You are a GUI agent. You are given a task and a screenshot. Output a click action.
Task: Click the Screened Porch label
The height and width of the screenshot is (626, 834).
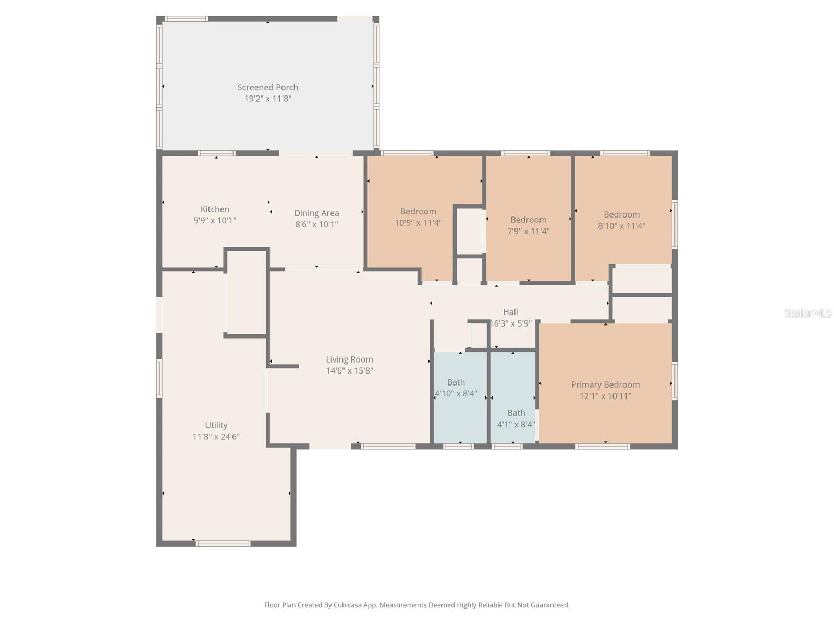click(267, 87)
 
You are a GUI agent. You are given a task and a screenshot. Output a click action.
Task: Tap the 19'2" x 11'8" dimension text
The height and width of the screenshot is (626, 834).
click(267, 99)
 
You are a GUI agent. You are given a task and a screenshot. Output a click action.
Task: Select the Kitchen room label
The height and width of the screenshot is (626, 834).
click(215, 209)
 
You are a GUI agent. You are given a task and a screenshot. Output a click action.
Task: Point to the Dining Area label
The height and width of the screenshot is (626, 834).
click(316, 213)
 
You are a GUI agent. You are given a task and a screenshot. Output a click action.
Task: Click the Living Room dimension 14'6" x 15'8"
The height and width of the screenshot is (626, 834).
click(349, 371)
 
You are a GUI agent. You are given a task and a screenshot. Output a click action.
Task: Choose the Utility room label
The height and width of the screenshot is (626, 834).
click(216, 425)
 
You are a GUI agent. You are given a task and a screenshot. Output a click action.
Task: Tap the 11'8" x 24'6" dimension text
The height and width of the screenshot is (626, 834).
click(216, 437)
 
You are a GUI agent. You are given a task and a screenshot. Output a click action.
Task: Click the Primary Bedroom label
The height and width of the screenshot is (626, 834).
click(605, 384)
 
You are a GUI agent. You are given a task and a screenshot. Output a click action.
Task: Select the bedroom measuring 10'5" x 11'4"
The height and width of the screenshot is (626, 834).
click(418, 217)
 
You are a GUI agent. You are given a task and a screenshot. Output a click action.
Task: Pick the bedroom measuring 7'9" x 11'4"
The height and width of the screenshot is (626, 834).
click(528, 225)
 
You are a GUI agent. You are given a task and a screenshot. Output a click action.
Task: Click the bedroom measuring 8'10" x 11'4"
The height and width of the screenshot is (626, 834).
click(621, 220)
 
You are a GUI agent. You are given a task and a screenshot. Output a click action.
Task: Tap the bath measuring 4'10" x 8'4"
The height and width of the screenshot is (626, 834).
click(456, 388)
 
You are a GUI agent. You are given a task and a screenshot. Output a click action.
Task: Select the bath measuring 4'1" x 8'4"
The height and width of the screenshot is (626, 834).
click(516, 418)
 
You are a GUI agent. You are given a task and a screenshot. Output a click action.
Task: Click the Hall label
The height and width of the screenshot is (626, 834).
click(510, 312)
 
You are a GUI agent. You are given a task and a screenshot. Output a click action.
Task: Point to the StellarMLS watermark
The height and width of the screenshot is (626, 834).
click(807, 313)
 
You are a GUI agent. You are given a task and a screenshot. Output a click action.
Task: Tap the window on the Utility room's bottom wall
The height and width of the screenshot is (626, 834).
click(223, 544)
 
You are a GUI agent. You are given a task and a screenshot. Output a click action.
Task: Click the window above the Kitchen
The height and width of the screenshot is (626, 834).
click(216, 153)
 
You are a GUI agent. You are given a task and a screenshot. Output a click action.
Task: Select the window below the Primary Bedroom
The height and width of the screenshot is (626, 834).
click(603, 447)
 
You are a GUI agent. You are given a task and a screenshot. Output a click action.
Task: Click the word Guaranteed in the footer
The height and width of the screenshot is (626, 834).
click(550, 605)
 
